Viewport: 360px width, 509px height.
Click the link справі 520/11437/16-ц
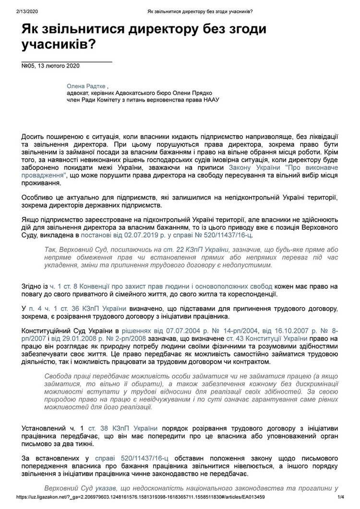tap(132, 458)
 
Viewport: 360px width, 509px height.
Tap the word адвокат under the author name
tap(79, 94)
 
